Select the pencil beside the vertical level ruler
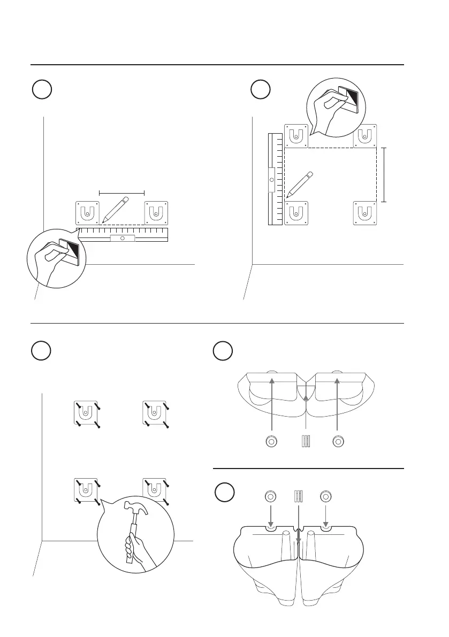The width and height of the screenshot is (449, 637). [x=299, y=184]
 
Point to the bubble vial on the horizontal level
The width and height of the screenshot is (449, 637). [x=123, y=238]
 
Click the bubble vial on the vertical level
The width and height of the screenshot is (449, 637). [x=271, y=180]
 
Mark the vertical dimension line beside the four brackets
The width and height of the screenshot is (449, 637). [x=384, y=175]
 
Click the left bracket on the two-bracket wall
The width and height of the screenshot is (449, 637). [x=87, y=213]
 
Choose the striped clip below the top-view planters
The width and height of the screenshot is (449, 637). [x=305, y=442]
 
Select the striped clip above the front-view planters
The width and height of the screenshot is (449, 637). [x=299, y=496]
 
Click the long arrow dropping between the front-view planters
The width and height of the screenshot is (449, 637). [x=299, y=556]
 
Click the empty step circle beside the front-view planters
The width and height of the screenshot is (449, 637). [x=223, y=493]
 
